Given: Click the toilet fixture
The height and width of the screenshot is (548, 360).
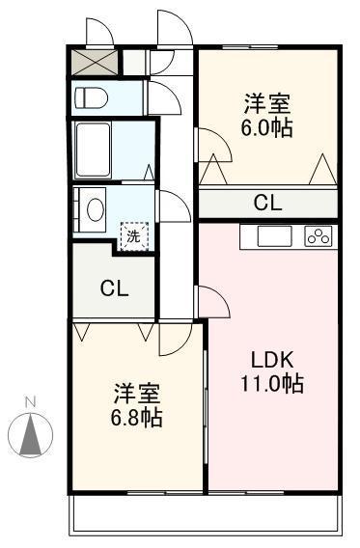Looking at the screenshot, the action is pyautogui.click(x=92, y=97).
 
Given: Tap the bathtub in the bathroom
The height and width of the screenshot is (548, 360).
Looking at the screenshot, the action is pyautogui.click(x=93, y=150).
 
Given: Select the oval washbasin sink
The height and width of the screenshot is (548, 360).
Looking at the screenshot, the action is pyautogui.click(x=96, y=209).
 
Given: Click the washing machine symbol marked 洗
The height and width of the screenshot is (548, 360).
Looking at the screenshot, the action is pyautogui.click(x=134, y=236).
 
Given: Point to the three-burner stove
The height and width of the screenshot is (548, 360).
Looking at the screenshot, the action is pyautogui.click(x=318, y=236).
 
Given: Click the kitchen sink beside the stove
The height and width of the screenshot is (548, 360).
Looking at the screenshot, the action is pyautogui.click(x=274, y=236).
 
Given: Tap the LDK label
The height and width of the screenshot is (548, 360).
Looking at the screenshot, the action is pyautogui.click(x=272, y=360).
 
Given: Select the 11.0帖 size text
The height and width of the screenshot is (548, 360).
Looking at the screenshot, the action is pyautogui.click(x=271, y=383).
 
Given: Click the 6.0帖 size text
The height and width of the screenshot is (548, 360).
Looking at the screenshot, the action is pyautogui.click(x=266, y=128).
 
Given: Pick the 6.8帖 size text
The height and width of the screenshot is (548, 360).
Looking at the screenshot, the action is pyautogui.click(x=137, y=417).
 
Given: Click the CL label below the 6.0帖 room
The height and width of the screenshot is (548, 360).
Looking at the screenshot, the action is pyautogui.click(x=267, y=203).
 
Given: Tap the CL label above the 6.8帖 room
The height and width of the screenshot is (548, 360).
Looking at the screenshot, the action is pyautogui.click(x=114, y=288).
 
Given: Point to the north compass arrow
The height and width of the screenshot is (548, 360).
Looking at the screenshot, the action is pyautogui.click(x=31, y=435).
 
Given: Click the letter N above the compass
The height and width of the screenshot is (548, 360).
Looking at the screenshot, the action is pyautogui.click(x=31, y=402).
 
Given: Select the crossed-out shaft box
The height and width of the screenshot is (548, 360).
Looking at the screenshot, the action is pyautogui.click(x=95, y=62).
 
